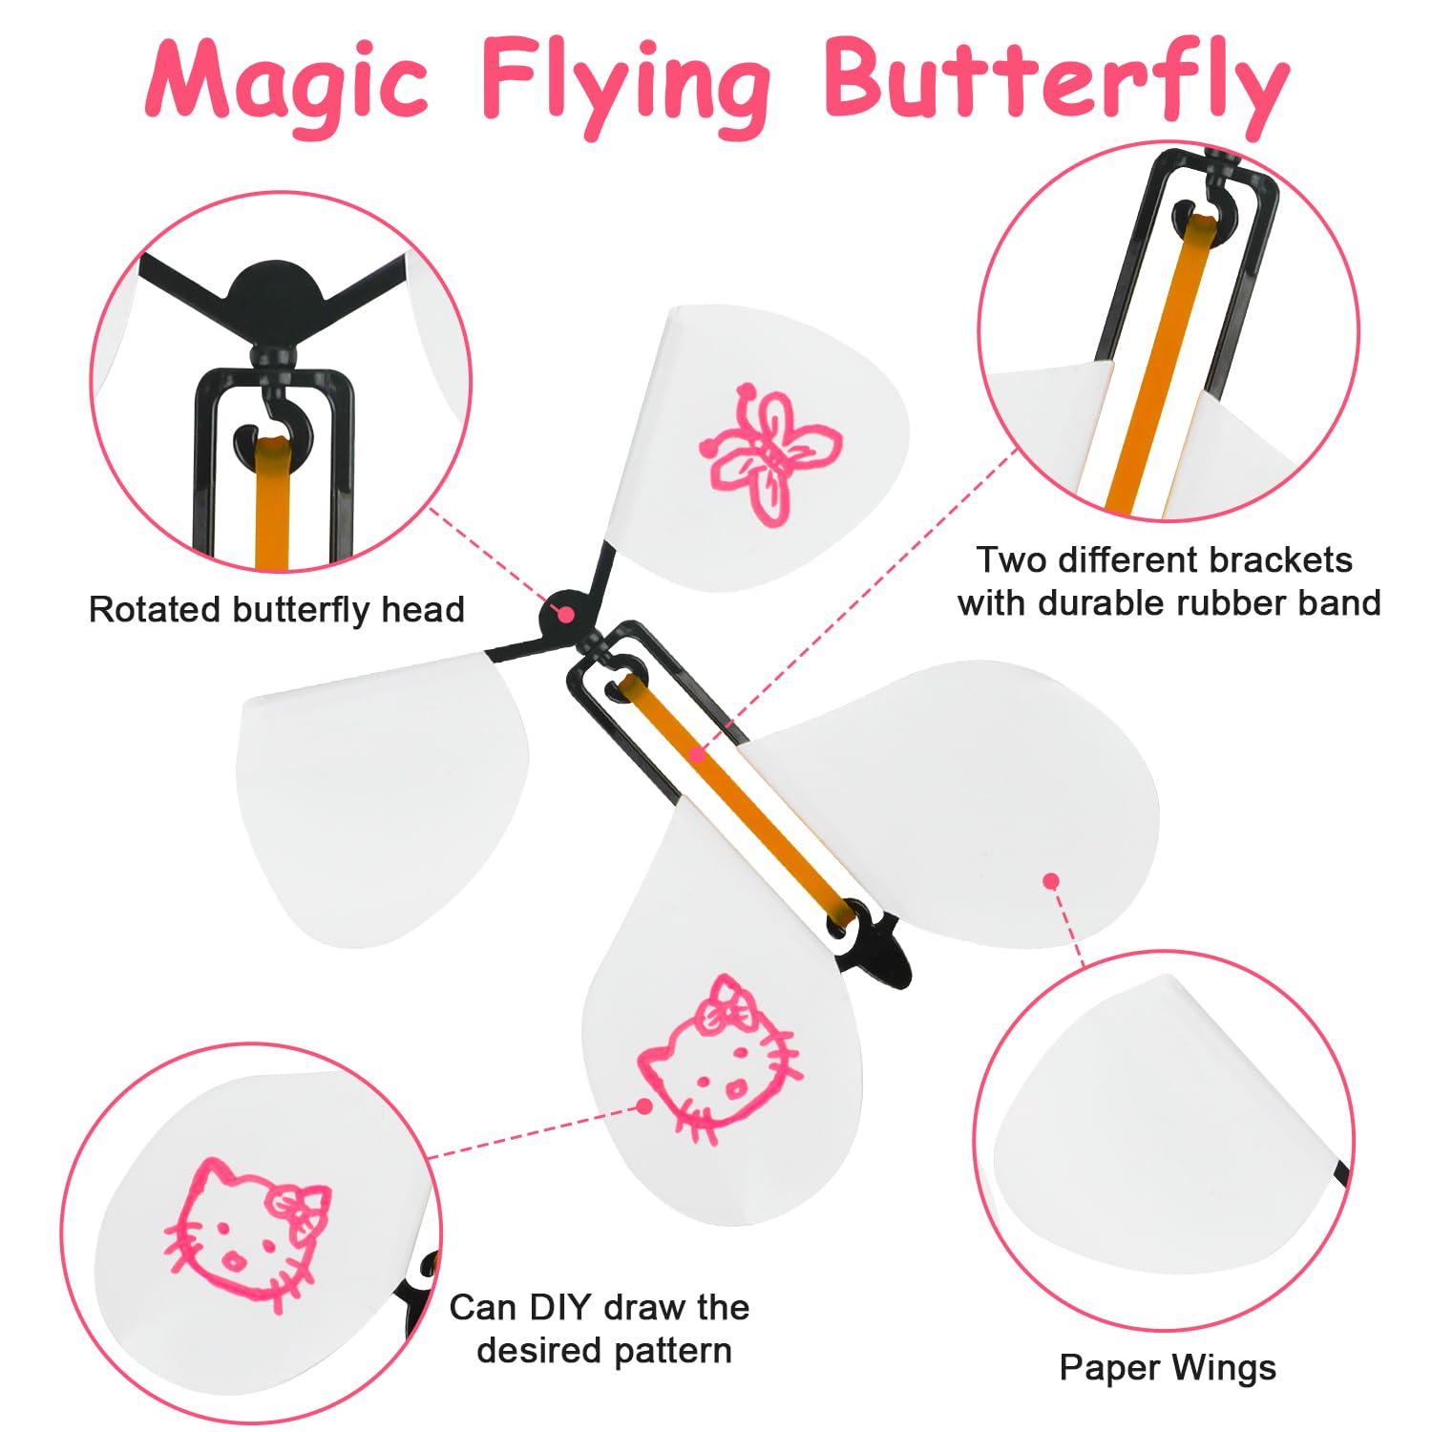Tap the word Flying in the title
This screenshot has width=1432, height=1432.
click(626, 86)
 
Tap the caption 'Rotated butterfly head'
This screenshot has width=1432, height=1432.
click(277, 609)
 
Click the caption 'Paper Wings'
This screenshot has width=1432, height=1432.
click(1168, 1368)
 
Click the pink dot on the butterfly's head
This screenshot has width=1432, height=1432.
click(565, 614)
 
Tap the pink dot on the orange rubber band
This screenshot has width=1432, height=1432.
click(698, 756)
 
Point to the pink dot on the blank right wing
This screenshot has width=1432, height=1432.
click(1051, 880)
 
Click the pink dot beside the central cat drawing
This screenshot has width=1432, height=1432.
click(645, 1106)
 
